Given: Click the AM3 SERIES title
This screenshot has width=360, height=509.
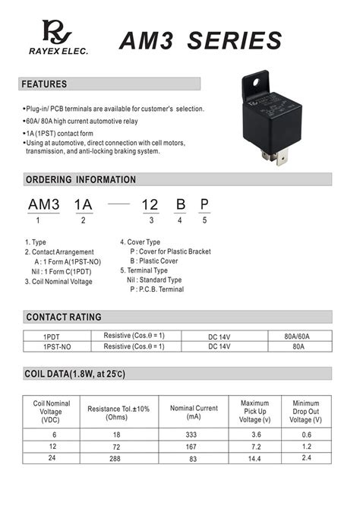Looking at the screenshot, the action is pos(201,40).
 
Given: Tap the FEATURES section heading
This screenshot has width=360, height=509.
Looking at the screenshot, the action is pos(44,84).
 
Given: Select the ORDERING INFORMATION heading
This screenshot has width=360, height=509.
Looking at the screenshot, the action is pos(81,180).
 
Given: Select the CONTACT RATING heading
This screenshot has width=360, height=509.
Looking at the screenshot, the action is pos(64,317).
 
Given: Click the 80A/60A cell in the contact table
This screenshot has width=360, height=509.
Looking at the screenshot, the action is pos(297,336).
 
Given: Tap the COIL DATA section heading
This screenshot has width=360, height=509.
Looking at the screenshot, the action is pos(75,374).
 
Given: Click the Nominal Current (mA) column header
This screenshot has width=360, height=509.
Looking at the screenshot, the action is pos(194,413).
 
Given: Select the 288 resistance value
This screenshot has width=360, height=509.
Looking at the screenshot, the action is pos(118,458).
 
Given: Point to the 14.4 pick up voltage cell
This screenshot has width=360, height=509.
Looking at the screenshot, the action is pos(254,458).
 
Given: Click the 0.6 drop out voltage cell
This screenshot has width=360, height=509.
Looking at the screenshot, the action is pos(306,435).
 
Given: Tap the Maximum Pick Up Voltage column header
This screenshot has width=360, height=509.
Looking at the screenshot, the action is pos(254,413).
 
